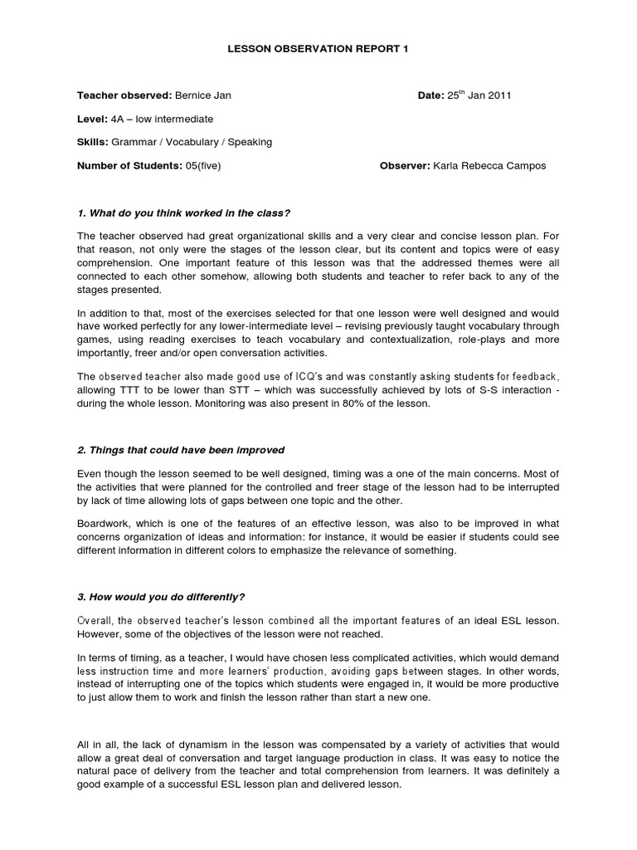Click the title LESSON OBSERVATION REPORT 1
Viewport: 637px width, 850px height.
click(x=318, y=49)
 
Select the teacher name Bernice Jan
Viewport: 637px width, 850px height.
click(x=203, y=95)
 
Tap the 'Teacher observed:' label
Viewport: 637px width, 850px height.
click(x=124, y=95)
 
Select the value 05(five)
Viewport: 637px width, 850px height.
click(x=204, y=165)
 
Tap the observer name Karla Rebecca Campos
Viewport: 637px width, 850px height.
click(x=490, y=165)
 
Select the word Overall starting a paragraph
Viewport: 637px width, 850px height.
click(x=98, y=621)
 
